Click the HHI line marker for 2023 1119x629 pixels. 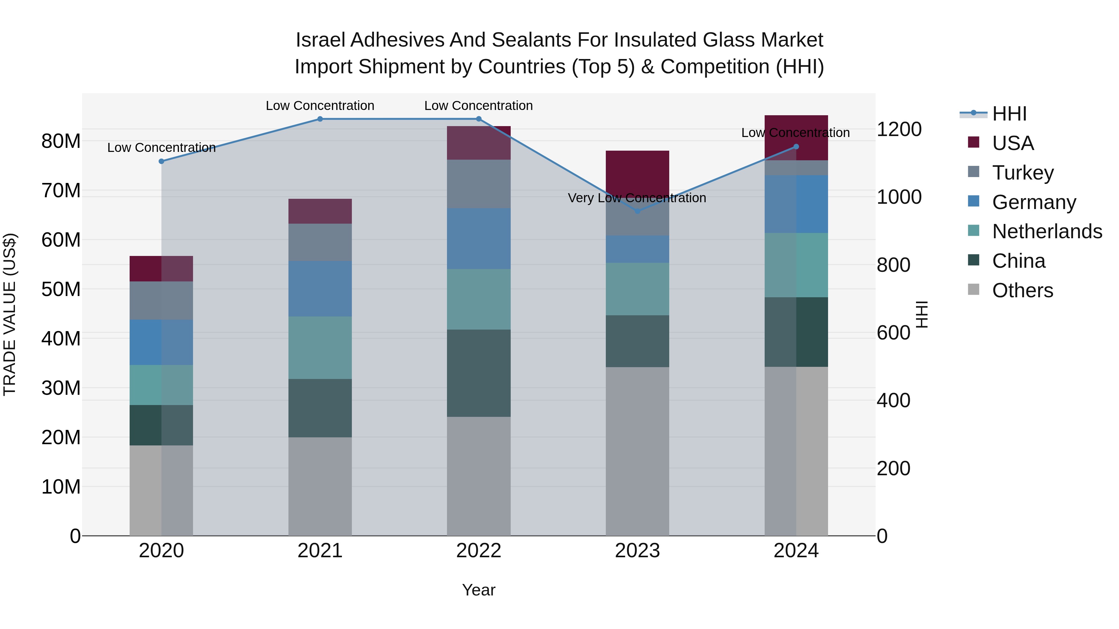[637, 211]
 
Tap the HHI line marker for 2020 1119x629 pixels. [161, 161]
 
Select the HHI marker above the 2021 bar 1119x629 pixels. [320, 119]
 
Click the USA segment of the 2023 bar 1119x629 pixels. [637, 173]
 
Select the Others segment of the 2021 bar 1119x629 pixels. [320, 486]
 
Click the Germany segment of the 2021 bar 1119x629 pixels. [320, 289]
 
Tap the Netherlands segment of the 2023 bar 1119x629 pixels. [637, 289]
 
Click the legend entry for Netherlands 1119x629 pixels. [1047, 231]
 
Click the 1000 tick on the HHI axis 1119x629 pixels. [899, 197]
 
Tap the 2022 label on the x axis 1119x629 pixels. [479, 551]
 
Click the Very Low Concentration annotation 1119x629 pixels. [637, 198]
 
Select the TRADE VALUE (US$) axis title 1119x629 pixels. [10, 314]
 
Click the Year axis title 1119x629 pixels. [479, 590]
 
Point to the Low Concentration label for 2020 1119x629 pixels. [161, 148]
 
